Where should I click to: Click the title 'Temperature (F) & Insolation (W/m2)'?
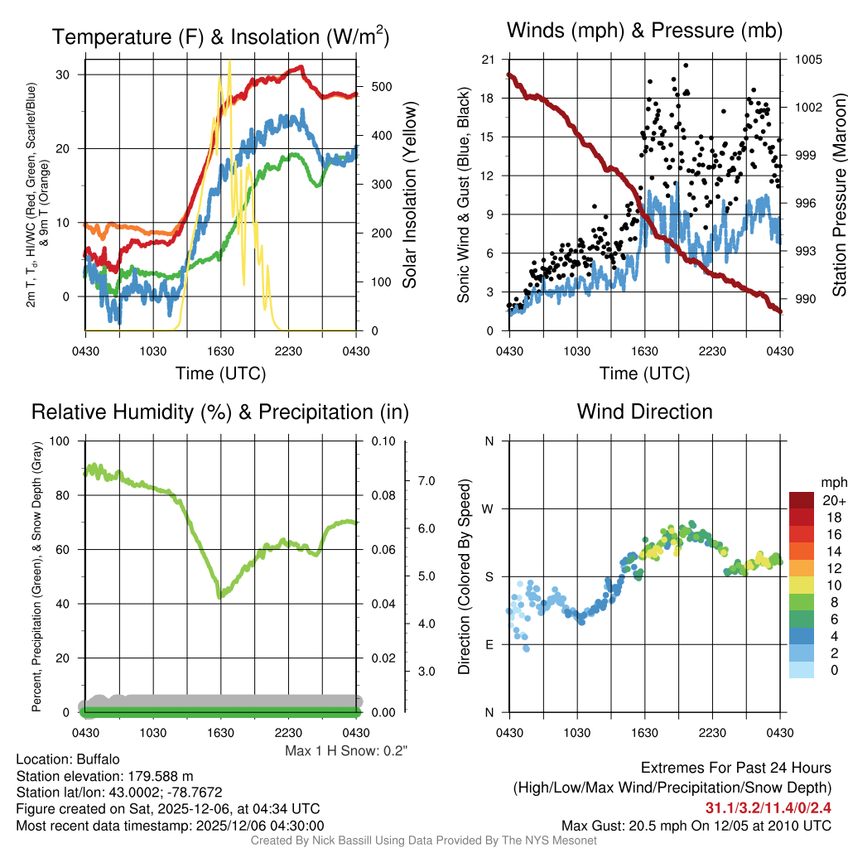tap(220, 36)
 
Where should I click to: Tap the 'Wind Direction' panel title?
tap(644, 412)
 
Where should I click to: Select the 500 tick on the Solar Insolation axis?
tap(377, 86)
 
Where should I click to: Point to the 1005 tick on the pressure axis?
tap(807, 60)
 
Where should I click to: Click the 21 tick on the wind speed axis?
tap(488, 60)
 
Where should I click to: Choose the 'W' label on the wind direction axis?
tap(489, 508)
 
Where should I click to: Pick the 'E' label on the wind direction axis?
tap(489, 644)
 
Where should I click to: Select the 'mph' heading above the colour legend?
tap(832, 482)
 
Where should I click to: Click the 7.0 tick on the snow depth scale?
tap(426, 480)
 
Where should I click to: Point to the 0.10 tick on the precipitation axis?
tap(383, 441)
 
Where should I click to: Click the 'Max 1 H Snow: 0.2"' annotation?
tap(347, 751)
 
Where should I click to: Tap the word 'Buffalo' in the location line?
tap(97, 759)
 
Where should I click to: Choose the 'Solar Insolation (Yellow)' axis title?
tap(409, 195)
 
